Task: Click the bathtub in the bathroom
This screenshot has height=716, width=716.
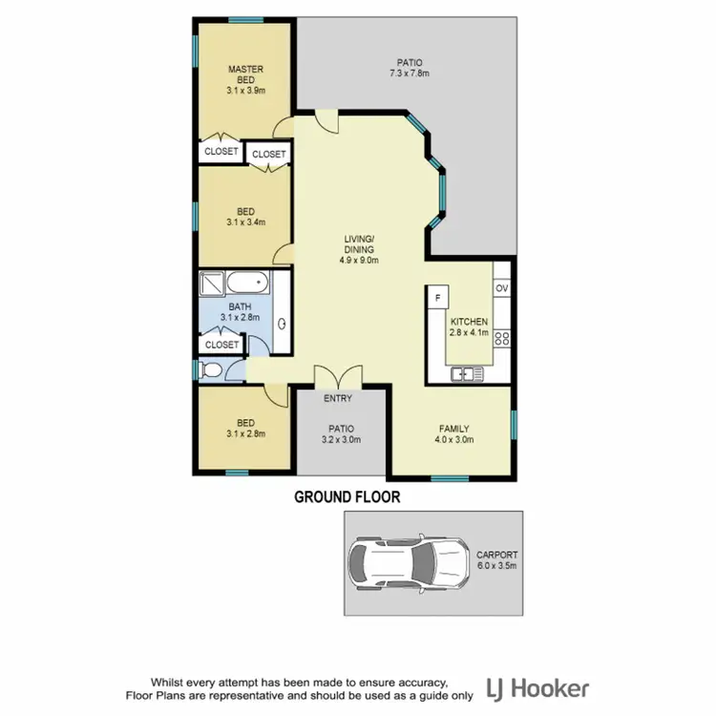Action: (250, 284)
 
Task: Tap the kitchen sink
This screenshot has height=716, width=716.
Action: (467, 373)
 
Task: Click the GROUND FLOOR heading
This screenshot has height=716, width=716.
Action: (347, 496)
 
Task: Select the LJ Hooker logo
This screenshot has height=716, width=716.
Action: (537, 689)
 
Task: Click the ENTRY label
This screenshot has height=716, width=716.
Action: (338, 398)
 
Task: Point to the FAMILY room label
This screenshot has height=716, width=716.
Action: (454, 429)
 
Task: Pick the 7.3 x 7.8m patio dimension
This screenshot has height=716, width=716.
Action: (411, 74)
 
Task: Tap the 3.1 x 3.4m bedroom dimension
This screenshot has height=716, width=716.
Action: (245, 222)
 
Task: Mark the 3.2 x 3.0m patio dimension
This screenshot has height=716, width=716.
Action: (341, 440)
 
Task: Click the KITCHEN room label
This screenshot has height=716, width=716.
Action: (470, 322)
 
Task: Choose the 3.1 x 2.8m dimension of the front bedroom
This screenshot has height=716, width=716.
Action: (245, 433)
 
